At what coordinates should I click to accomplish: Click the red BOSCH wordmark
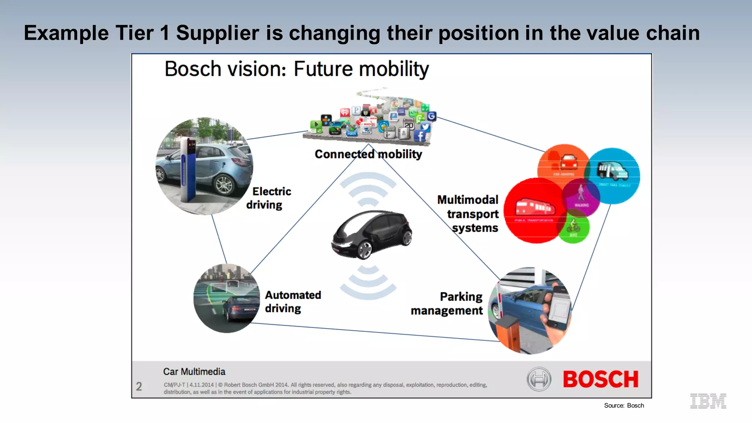(601, 379)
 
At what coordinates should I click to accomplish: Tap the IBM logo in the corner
(708, 401)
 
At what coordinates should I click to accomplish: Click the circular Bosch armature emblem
(539, 379)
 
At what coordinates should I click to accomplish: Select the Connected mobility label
(368, 154)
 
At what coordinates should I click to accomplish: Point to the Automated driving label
(293, 301)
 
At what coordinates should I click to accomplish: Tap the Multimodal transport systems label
(469, 214)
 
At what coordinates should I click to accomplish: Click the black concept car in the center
(372, 234)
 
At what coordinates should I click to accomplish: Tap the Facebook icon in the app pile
(420, 136)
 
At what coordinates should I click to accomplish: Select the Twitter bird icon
(425, 127)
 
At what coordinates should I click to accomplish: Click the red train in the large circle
(534, 207)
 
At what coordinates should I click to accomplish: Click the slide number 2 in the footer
(139, 386)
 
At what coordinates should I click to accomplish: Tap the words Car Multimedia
(194, 372)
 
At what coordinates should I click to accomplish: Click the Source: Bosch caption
(624, 405)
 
